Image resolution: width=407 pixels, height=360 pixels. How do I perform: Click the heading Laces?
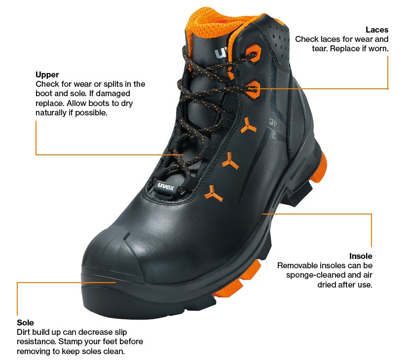(x=377, y=30)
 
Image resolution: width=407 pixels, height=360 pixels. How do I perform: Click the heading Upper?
(x=47, y=75)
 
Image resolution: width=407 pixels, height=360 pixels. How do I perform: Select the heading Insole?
(x=361, y=256)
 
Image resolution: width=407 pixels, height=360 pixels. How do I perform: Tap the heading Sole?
(x=25, y=323)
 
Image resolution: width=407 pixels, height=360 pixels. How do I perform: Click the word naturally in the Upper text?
(x=52, y=113)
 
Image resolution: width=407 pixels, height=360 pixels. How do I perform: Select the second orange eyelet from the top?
(x=252, y=87)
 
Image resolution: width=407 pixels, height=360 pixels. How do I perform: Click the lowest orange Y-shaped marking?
(x=213, y=193)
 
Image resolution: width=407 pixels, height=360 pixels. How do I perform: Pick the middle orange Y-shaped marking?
(x=229, y=160)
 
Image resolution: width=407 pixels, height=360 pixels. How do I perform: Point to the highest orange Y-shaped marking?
(x=248, y=128)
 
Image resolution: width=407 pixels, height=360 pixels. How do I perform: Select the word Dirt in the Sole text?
(x=24, y=332)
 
